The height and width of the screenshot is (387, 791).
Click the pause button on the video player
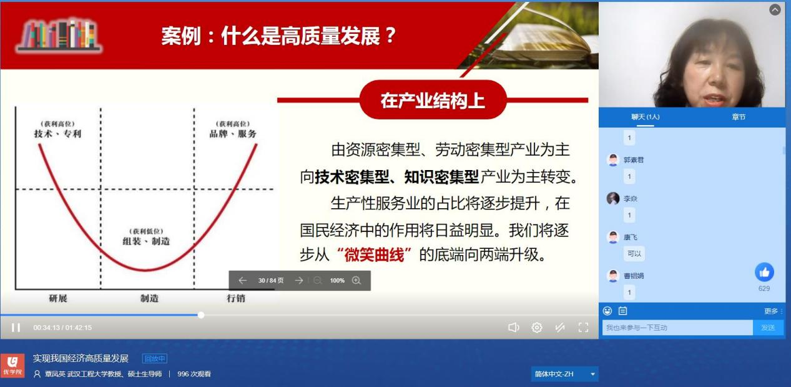pos(16,328)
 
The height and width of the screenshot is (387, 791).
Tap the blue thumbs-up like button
pos(764,272)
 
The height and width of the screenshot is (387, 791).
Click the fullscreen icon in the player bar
pos(583,328)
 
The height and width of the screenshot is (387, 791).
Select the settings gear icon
pos(537,328)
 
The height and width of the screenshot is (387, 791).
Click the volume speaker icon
pos(513,328)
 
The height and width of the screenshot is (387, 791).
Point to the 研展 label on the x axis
pos(58,299)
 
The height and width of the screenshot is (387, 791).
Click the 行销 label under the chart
pos(235,299)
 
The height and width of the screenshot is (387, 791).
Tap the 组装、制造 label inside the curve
pos(146,241)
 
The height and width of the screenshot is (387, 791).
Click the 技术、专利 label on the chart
pos(57,134)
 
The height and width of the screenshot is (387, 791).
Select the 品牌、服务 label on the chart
pos(233,134)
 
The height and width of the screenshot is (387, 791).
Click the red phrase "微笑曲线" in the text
pos(375,254)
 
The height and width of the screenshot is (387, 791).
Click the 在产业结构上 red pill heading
pos(433,100)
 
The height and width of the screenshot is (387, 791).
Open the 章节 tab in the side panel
pos(739,117)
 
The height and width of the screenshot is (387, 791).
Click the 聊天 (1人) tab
pos(646,117)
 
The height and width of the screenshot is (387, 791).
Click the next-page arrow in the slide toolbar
pos(299,281)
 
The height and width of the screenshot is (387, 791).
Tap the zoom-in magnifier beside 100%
pos(356,281)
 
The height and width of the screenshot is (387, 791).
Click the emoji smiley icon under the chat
pos(607,311)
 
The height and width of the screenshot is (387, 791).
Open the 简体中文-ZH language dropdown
pos(564,374)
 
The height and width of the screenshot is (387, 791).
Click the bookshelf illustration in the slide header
pos(59,34)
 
